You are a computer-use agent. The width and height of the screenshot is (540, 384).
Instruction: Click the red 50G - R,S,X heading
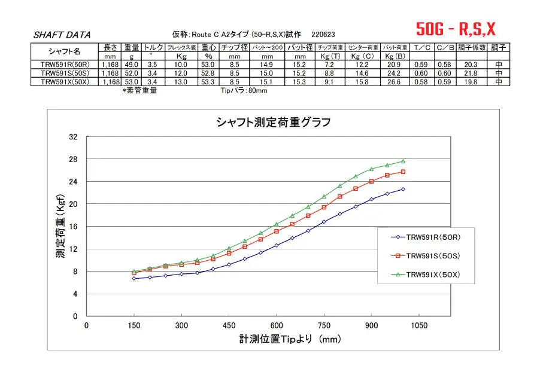[x=456, y=28]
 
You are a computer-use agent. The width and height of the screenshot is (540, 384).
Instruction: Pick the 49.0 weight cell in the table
[x=132, y=65]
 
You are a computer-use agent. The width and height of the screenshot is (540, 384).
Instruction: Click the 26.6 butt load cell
[x=391, y=82]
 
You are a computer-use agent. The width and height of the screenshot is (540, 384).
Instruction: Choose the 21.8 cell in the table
[x=469, y=73]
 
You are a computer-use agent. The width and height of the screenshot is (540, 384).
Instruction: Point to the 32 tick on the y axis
[x=74, y=137]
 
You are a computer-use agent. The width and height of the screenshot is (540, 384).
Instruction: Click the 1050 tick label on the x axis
[x=419, y=325]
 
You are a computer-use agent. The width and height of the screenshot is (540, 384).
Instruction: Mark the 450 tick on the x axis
[x=229, y=325]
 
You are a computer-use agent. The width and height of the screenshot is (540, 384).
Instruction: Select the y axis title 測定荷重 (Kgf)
[x=60, y=226]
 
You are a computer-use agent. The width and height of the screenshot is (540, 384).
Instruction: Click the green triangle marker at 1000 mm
[x=403, y=161]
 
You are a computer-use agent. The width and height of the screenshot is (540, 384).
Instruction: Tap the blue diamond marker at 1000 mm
[x=403, y=189]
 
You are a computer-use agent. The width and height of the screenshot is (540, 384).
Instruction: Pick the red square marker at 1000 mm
[x=403, y=172]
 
